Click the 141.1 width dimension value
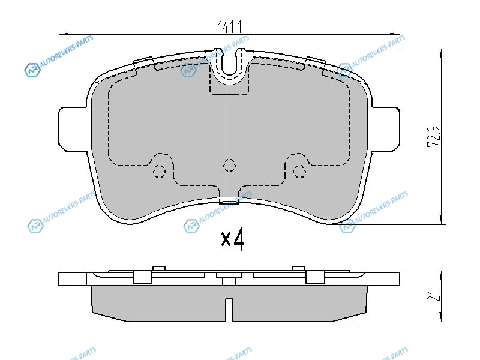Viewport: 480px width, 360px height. coord(230,26)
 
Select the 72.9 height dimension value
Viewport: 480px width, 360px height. coord(434,136)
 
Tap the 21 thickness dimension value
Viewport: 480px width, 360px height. coord(434,296)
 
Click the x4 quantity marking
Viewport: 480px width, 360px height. coord(233,239)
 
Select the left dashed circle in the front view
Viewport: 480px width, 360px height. coord(159,171)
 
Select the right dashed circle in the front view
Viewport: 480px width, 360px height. coord(299,171)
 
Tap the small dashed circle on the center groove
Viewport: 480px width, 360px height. coord(229,166)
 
